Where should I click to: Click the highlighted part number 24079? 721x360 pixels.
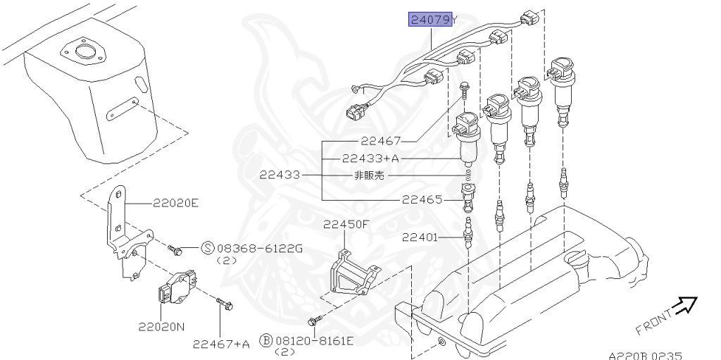430,19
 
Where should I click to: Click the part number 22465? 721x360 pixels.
422,199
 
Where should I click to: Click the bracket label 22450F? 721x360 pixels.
346,225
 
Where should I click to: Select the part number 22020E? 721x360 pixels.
176,204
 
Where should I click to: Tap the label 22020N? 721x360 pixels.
161,328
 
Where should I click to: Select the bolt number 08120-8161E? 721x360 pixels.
314,341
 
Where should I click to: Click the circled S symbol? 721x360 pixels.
208,247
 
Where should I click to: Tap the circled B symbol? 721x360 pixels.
266,341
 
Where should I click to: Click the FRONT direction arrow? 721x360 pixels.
682,305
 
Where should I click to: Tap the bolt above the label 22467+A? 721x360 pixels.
225,304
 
